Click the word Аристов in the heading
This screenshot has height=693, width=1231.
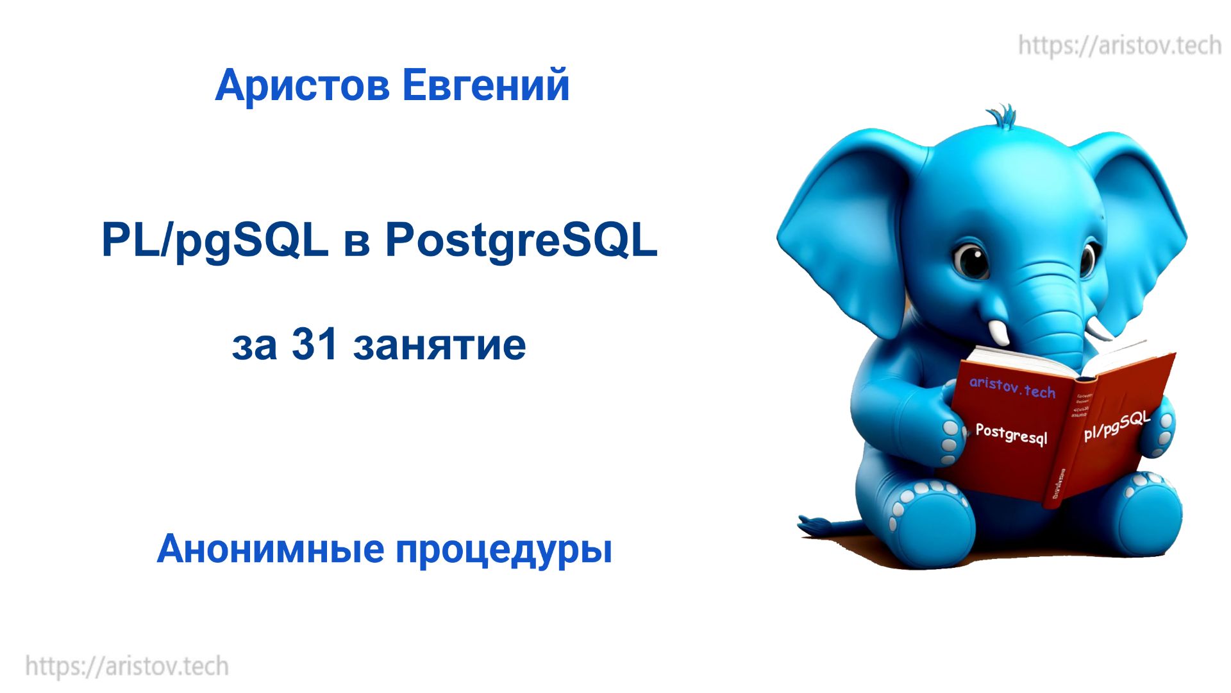coord(302,85)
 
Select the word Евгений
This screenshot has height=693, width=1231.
coord(486,85)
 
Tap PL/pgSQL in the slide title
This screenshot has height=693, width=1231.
coord(215,241)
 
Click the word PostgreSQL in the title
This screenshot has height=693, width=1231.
coord(521,241)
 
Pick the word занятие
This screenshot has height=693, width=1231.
coord(439,345)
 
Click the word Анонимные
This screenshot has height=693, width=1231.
coord(271,549)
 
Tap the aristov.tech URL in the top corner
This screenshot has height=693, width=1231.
coord(1119,46)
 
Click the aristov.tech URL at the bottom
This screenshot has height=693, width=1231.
coord(127,666)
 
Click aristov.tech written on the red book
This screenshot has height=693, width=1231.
coord(1012,387)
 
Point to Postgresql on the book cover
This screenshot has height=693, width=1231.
coord(1011,433)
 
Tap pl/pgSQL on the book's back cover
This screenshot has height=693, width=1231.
coord(1116,426)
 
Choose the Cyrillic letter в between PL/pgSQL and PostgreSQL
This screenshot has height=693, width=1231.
coord(356,244)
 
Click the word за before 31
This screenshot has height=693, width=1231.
coord(255,346)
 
